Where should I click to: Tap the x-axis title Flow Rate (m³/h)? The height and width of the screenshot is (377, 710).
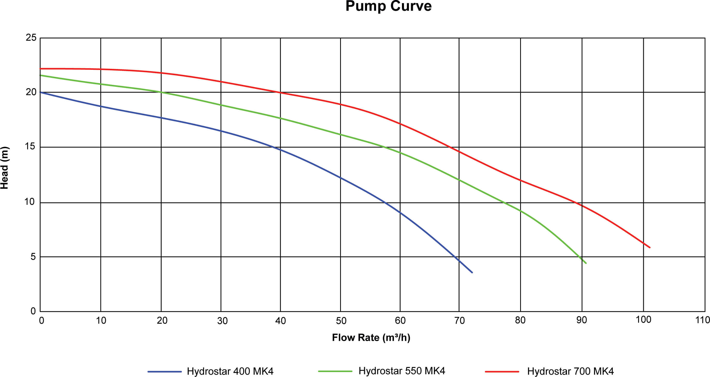(371, 338)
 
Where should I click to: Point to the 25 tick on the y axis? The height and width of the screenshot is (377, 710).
(31, 37)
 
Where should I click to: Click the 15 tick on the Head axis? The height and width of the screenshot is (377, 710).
(30, 146)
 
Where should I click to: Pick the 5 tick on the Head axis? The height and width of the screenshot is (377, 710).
(33, 257)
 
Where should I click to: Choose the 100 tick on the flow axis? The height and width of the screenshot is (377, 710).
(643, 320)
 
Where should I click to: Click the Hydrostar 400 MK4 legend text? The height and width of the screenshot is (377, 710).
(230, 371)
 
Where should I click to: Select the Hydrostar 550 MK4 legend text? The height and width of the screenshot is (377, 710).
(402, 371)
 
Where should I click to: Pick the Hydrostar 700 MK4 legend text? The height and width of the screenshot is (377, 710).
(570, 371)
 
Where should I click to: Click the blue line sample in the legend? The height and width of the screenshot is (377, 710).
(165, 372)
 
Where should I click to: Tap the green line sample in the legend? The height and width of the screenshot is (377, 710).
(335, 371)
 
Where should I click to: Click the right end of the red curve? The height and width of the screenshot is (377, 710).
(650, 247)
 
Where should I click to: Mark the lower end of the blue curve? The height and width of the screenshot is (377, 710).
(472, 272)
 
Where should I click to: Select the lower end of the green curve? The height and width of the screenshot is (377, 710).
(586, 263)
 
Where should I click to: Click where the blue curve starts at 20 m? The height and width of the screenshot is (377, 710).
(41, 92)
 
